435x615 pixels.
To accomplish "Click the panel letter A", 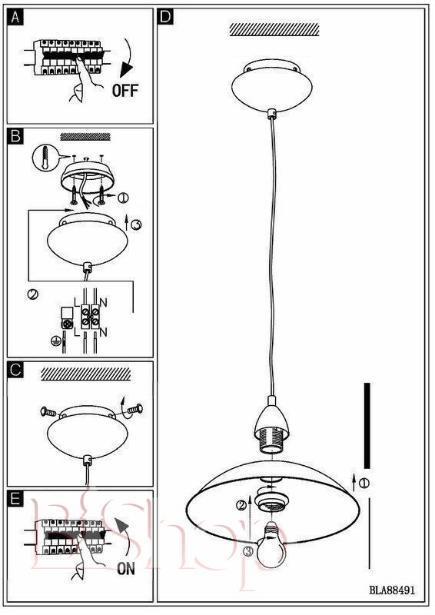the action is (15, 17).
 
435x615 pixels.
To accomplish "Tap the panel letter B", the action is (15, 136).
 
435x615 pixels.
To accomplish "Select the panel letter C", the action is (15, 370).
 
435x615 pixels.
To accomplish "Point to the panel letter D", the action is (166, 17).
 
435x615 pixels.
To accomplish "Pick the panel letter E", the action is (15, 499).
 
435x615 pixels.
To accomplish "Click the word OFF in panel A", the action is (125, 90).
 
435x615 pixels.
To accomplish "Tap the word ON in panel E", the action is (126, 568).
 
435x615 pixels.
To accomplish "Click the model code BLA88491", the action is (391, 590).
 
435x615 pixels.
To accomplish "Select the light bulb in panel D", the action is (271, 544).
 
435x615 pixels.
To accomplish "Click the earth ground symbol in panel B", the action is (55, 341).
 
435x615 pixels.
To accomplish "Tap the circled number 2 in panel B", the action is (33, 294).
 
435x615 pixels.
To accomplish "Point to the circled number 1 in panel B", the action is (123, 198).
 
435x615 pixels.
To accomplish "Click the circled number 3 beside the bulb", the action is (248, 551).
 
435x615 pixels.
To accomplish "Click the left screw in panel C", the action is (48, 412).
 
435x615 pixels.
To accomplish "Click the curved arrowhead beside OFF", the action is (126, 70).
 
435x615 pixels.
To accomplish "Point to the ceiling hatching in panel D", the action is (274, 29).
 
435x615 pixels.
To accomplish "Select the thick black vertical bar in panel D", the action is (367, 425).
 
